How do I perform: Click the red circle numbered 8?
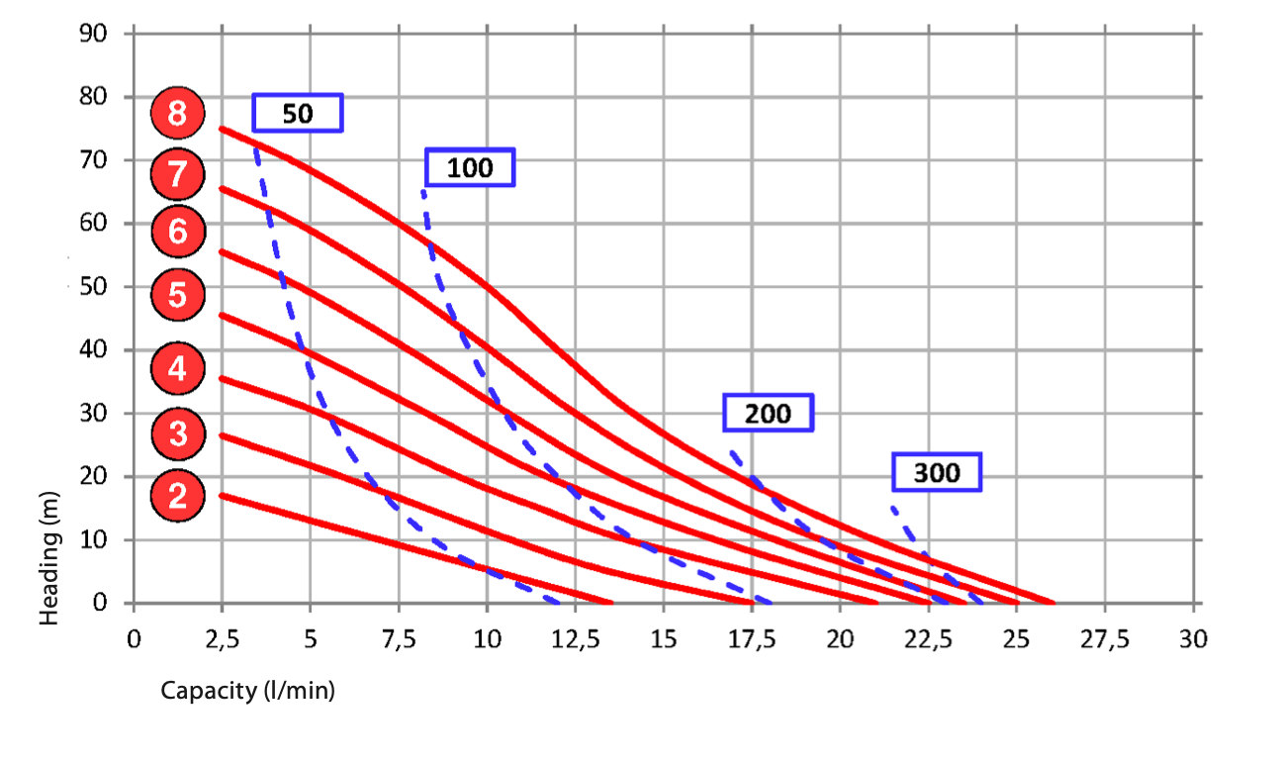(x=177, y=114)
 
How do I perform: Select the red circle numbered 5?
(x=177, y=294)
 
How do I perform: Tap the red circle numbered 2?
(x=177, y=495)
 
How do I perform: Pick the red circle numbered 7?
(x=177, y=175)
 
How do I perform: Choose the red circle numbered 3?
(x=177, y=433)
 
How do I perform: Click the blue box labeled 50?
(x=298, y=113)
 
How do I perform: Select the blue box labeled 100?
(x=470, y=167)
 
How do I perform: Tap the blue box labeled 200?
(x=768, y=413)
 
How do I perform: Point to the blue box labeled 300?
(x=937, y=472)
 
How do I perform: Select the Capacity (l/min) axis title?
(x=248, y=691)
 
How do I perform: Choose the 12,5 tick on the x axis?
(x=575, y=639)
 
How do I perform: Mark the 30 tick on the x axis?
(x=1194, y=639)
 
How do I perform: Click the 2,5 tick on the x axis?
(x=222, y=639)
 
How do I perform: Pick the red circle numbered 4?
(x=177, y=370)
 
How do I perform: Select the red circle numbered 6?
(x=177, y=232)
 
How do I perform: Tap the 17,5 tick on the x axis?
(x=751, y=639)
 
